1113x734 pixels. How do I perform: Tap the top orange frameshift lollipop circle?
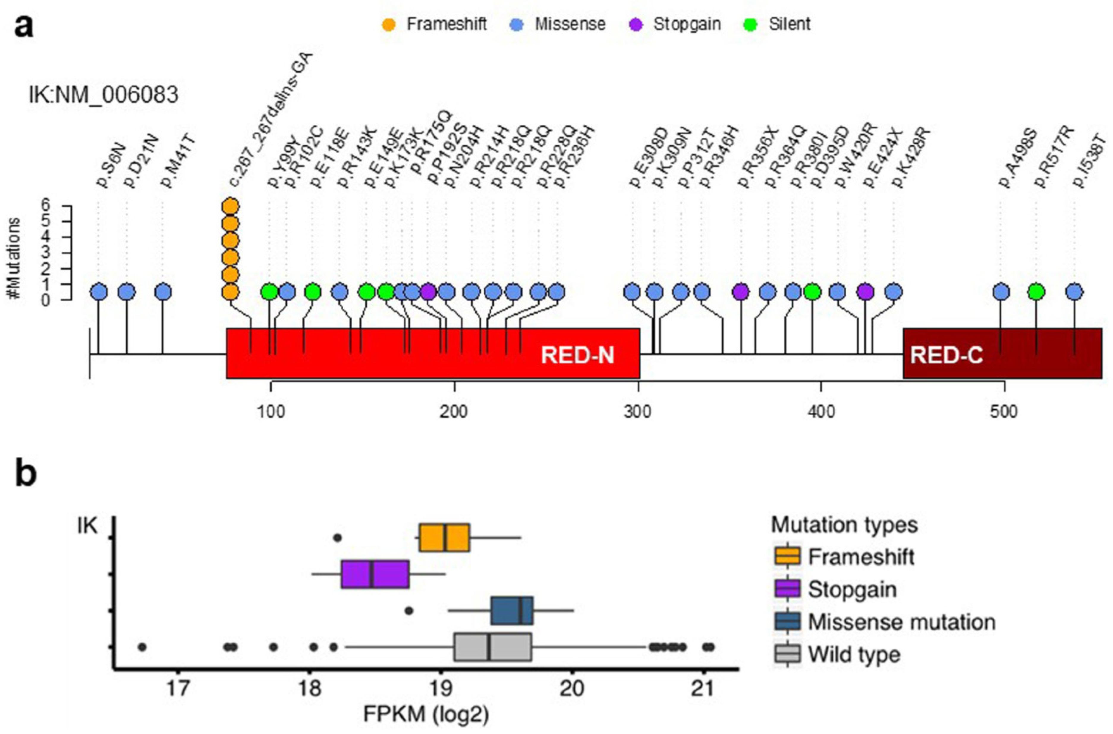[230, 206]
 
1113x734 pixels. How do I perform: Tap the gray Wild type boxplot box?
[492, 647]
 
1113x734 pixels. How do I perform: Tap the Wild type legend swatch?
[788, 654]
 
